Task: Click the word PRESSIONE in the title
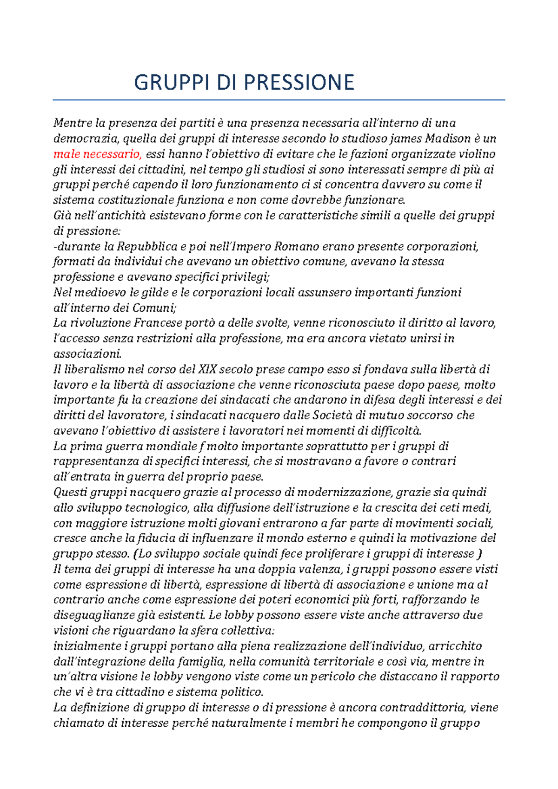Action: point(299,83)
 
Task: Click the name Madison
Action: point(447,138)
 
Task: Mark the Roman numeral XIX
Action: point(207,369)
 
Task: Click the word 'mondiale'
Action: point(172,447)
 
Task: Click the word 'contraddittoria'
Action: point(422,708)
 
